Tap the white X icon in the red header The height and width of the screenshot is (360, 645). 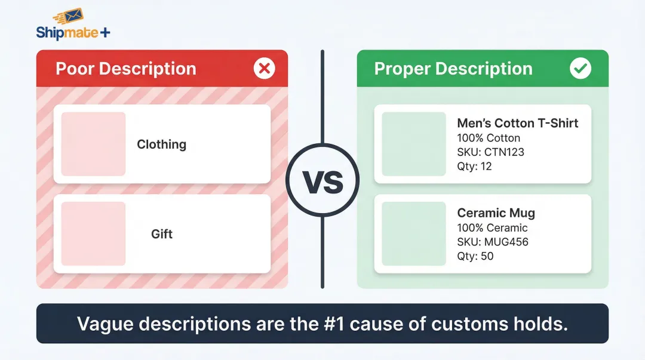[264, 69]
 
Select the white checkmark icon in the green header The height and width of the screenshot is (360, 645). [580, 69]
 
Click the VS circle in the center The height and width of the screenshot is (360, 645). [322, 180]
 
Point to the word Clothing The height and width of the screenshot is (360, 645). [161, 144]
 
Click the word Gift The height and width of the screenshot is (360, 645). [162, 234]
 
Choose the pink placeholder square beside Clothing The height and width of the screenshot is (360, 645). [93, 144]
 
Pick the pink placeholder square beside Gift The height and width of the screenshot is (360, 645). [93, 233]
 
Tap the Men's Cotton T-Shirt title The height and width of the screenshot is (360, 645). [517, 123]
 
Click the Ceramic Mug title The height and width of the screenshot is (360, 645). [496, 213]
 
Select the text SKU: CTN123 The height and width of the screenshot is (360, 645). [490, 152]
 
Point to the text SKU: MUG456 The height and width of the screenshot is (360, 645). [493, 242]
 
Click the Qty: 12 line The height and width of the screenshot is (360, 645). [474, 166]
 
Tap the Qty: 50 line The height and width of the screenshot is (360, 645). [475, 256]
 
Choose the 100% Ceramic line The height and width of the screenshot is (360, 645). [492, 227]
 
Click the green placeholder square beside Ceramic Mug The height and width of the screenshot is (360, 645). [413, 233]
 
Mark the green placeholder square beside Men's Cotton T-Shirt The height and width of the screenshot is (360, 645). [413, 144]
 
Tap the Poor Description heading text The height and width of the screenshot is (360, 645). [125, 69]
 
